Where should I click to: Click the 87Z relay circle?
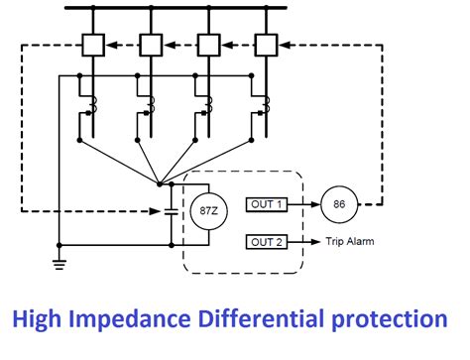pos(204,211)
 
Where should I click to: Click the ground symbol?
pos(59,263)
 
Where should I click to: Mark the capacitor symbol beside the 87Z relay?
pos(171,212)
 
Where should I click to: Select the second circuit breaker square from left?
pos(152,45)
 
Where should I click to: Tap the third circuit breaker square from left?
pos(207,45)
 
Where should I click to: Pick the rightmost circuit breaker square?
pos(264,45)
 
